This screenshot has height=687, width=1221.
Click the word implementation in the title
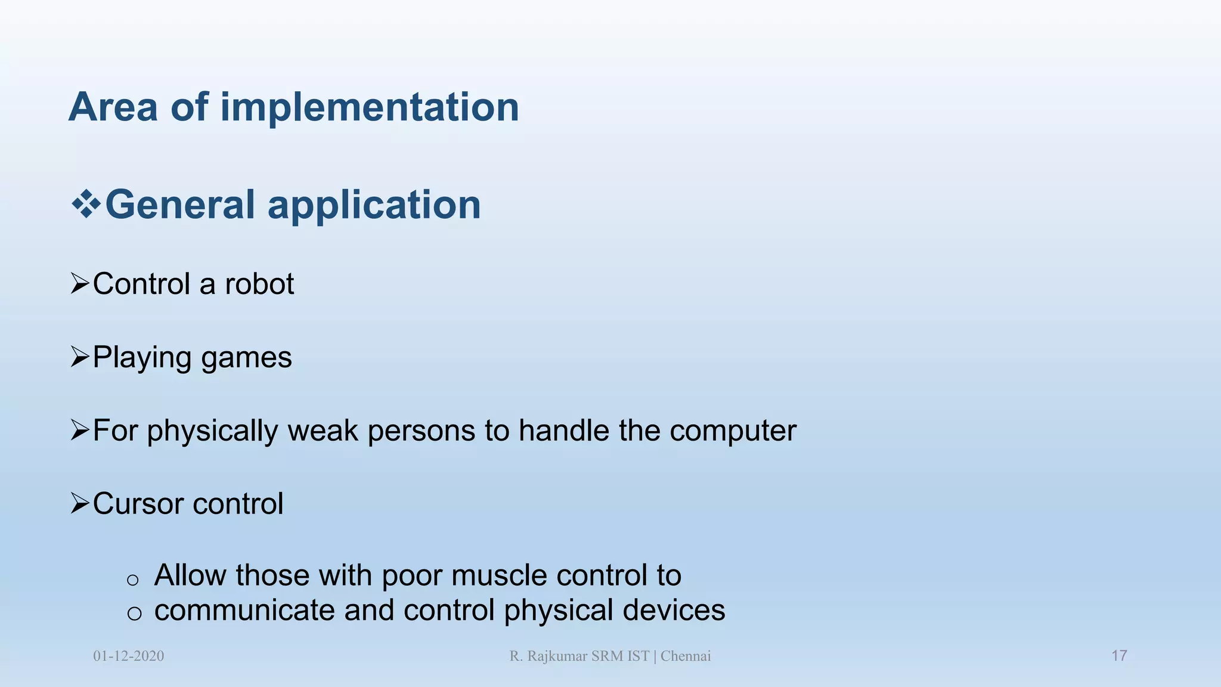pos(370,107)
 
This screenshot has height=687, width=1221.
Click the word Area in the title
pos(113,107)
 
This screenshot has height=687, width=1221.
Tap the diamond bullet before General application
pos(86,205)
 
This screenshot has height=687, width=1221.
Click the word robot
pos(259,284)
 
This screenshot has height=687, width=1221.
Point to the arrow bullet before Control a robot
pos(80,283)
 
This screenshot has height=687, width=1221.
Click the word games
pos(246,358)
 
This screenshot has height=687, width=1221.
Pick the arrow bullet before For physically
pos(80,430)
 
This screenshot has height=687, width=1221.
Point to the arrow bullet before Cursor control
pos(80,503)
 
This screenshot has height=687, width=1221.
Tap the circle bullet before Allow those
pos(133,580)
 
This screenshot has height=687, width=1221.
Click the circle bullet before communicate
pos(134,613)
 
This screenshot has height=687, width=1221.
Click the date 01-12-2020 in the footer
pos(128,656)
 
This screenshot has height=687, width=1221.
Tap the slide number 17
pos(1119,656)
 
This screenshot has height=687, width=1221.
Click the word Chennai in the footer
pos(686,656)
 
